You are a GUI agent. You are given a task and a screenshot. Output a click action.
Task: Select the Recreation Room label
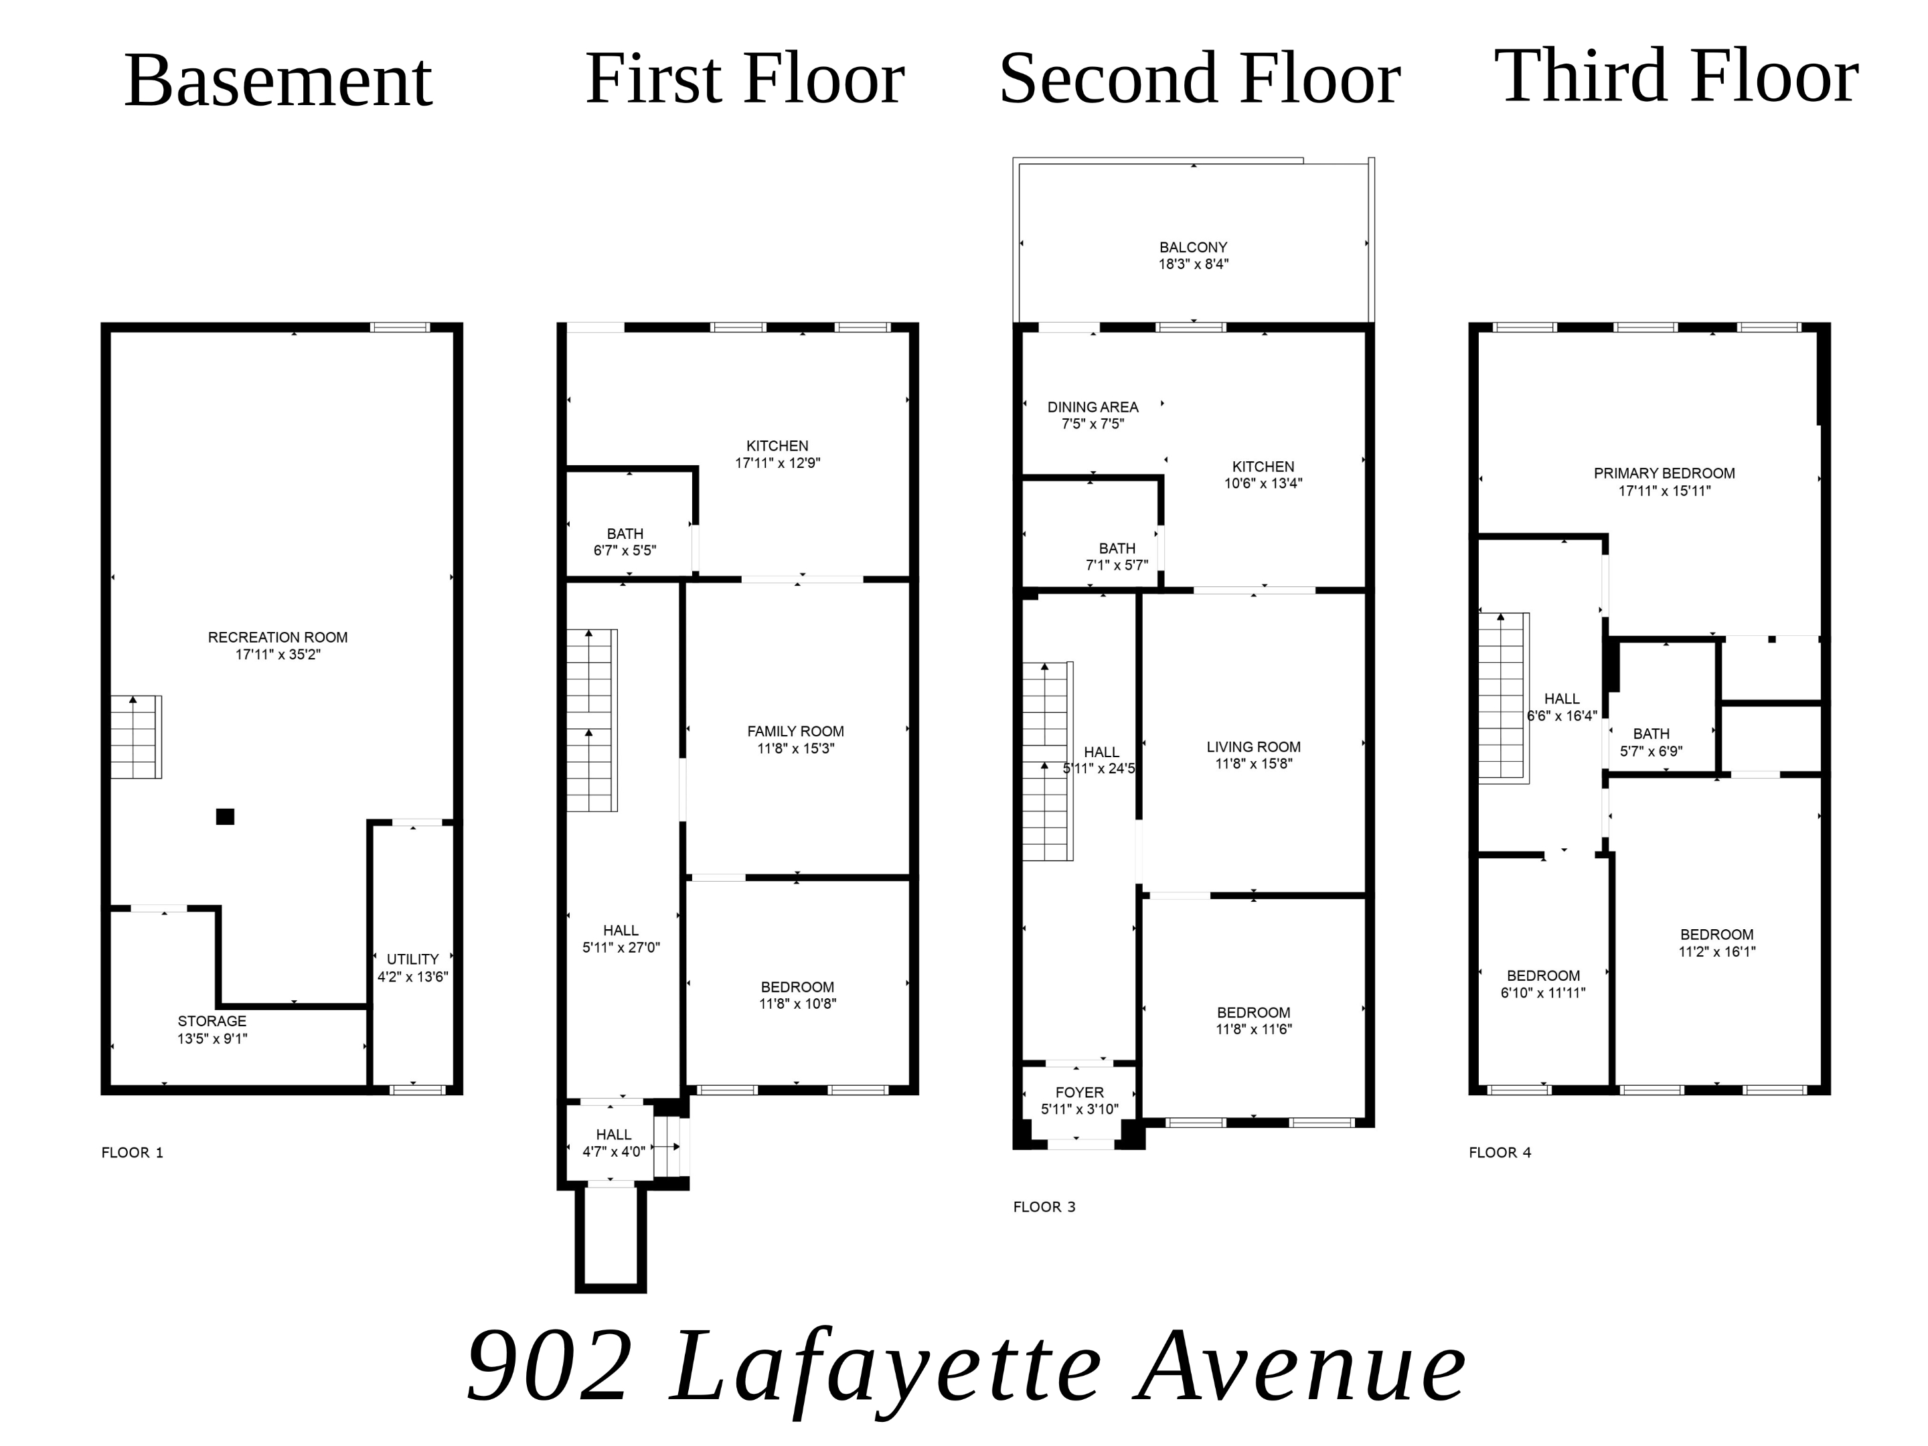[277, 637]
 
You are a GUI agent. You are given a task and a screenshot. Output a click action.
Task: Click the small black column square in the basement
[225, 817]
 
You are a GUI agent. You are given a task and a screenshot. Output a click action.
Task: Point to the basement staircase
[135, 736]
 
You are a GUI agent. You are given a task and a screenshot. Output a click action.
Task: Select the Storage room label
[212, 1021]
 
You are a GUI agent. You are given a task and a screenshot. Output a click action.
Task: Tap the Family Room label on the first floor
[795, 731]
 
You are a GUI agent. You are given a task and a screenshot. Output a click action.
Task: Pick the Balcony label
[1192, 248]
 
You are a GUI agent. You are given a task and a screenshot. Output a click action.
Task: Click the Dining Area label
[1092, 407]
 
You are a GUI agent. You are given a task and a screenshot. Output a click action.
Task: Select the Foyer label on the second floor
[1079, 1092]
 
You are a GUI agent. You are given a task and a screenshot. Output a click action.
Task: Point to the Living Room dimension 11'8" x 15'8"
[1253, 764]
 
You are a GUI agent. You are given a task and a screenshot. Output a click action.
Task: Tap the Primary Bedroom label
[1664, 473]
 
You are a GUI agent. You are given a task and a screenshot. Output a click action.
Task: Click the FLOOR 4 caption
[1499, 1152]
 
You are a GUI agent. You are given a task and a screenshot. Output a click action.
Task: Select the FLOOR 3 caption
[1043, 1206]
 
